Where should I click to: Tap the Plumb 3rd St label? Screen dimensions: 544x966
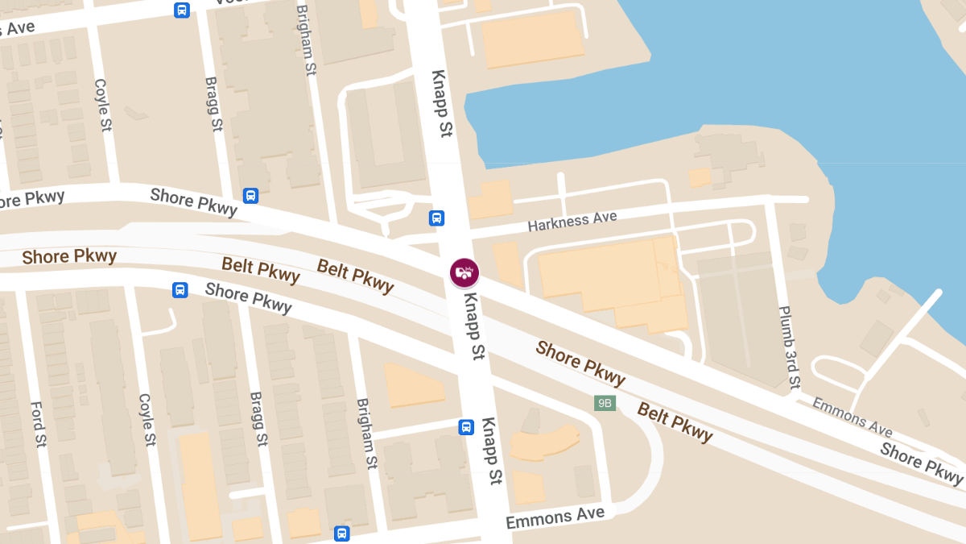(790, 347)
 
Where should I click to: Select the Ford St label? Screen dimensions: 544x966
(38, 424)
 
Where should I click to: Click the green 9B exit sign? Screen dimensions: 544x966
(605, 403)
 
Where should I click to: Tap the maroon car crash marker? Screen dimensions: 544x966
(464, 272)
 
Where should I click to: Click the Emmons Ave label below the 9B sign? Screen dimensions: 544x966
(555, 518)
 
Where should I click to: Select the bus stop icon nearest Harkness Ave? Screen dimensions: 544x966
(436, 218)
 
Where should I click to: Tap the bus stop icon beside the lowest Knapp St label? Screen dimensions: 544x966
(466, 427)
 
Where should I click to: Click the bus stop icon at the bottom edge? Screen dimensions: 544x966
(342, 534)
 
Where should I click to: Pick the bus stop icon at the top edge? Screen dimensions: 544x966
(182, 10)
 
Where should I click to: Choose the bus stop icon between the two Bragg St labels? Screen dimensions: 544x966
(250, 196)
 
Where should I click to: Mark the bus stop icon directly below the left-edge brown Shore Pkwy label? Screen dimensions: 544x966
(180, 290)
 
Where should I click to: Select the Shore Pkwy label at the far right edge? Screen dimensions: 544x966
(921, 463)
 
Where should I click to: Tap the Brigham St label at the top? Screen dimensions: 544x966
(306, 40)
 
